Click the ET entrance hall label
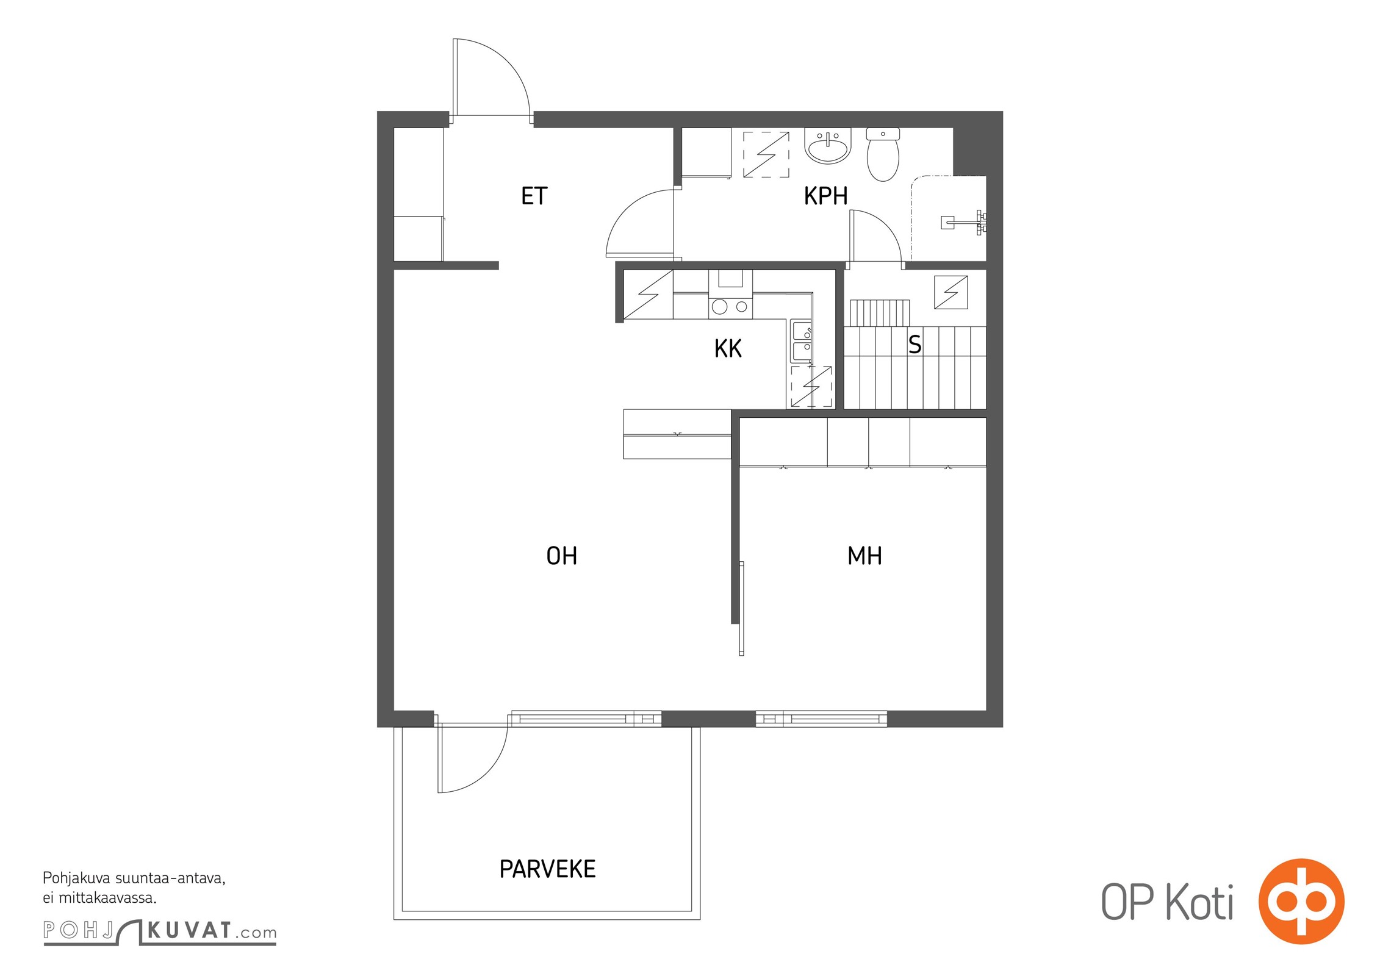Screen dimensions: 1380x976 pyautogui.click(x=534, y=196)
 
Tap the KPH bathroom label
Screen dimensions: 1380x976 pyautogui.click(x=825, y=196)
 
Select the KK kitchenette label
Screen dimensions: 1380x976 pyautogui.click(x=728, y=348)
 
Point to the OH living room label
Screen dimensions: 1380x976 pyautogui.click(x=561, y=556)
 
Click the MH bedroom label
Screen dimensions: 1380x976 pyautogui.click(x=864, y=556)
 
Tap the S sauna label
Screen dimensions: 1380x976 pyautogui.click(x=915, y=345)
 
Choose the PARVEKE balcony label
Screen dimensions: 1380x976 pyautogui.click(x=547, y=869)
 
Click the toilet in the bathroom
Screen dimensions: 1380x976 pyautogui.click(x=883, y=154)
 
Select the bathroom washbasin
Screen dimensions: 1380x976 pyautogui.click(x=827, y=146)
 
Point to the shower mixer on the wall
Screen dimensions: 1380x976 pyautogui.click(x=964, y=222)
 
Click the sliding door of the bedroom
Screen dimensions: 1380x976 pyautogui.click(x=741, y=609)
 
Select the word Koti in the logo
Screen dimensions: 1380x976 pyautogui.click(x=1199, y=902)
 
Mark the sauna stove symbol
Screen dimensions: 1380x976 pyautogui.click(x=951, y=292)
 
